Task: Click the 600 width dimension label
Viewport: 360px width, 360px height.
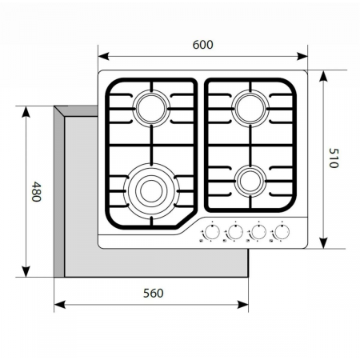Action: pyautogui.click(x=203, y=46)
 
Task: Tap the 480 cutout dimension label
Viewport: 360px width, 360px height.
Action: pyautogui.click(x=36, y=192)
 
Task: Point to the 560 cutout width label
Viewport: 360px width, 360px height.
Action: pyautogui.click(x=154, y=293)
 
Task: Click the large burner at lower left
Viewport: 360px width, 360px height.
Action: pyautogui.click(x=150, y=190)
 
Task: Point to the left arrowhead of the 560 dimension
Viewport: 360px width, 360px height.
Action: pyautogui.click(x=58, y=305)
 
